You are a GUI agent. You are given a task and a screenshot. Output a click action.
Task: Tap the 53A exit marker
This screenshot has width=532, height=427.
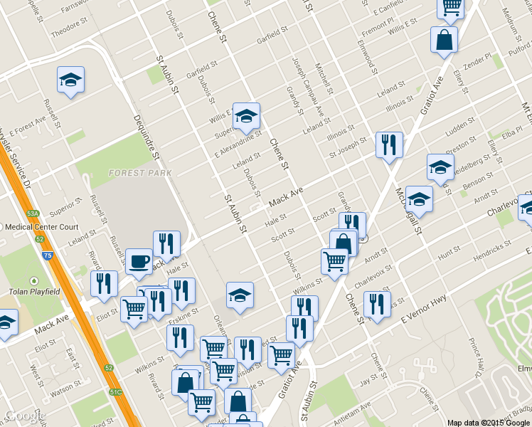click(x=33, y=213)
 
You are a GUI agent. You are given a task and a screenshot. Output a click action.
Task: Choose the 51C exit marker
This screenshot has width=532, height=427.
click(x=115, y=391)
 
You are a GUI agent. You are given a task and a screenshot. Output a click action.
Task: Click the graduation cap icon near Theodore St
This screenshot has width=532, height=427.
click(x=70, y=80)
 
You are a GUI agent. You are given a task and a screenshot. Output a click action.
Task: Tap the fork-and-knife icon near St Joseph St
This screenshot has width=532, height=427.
click(x=389, y=144)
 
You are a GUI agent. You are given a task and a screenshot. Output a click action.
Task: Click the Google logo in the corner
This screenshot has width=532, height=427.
click(x=23, y=416)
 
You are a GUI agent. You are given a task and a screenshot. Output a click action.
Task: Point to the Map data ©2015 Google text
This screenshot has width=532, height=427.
click(x=488, y=422)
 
